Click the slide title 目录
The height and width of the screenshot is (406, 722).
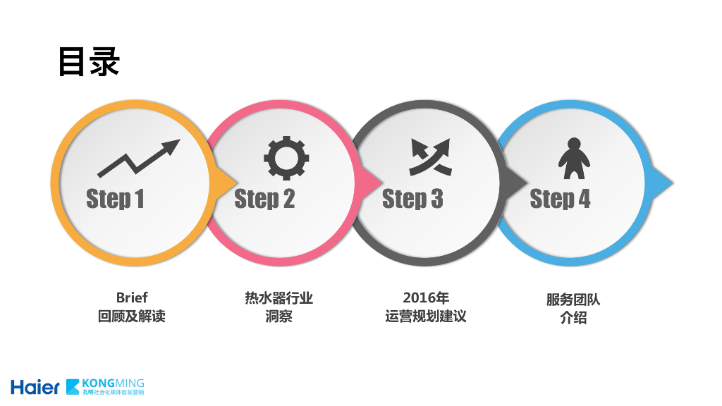coord(89,62)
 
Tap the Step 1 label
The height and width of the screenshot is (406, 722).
coord(115,199)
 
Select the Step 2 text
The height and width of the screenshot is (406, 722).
coord(264,199)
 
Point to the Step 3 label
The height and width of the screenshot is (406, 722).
coord(412,199)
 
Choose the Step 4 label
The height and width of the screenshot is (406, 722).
coord(560,199)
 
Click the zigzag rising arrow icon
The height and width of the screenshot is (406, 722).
coord(138,157)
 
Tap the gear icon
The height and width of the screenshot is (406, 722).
coord(286,156)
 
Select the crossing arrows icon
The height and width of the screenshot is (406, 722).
coord(429,156)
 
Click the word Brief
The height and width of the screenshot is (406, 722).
coord(132,297)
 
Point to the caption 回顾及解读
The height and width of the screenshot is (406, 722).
coord(132,316)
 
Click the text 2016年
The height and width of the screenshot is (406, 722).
coord(426,297)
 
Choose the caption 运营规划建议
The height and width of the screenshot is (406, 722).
coord(426,316)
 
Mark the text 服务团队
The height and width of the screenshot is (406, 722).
coord(573,300)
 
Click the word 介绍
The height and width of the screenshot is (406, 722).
coord(573,318)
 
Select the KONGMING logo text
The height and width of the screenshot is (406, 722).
coord(113,383)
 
